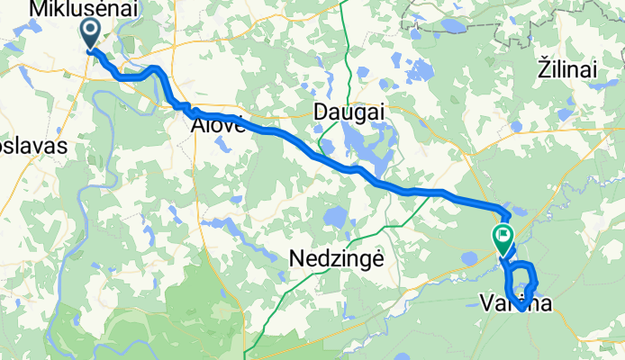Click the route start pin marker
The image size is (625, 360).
tap(92, 34)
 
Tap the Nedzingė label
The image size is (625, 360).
tap(336, 258)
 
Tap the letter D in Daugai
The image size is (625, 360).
tap(320, 112)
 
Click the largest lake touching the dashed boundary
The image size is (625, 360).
tap(453, 26)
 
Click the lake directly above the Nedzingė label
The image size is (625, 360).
tap(335, 218)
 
